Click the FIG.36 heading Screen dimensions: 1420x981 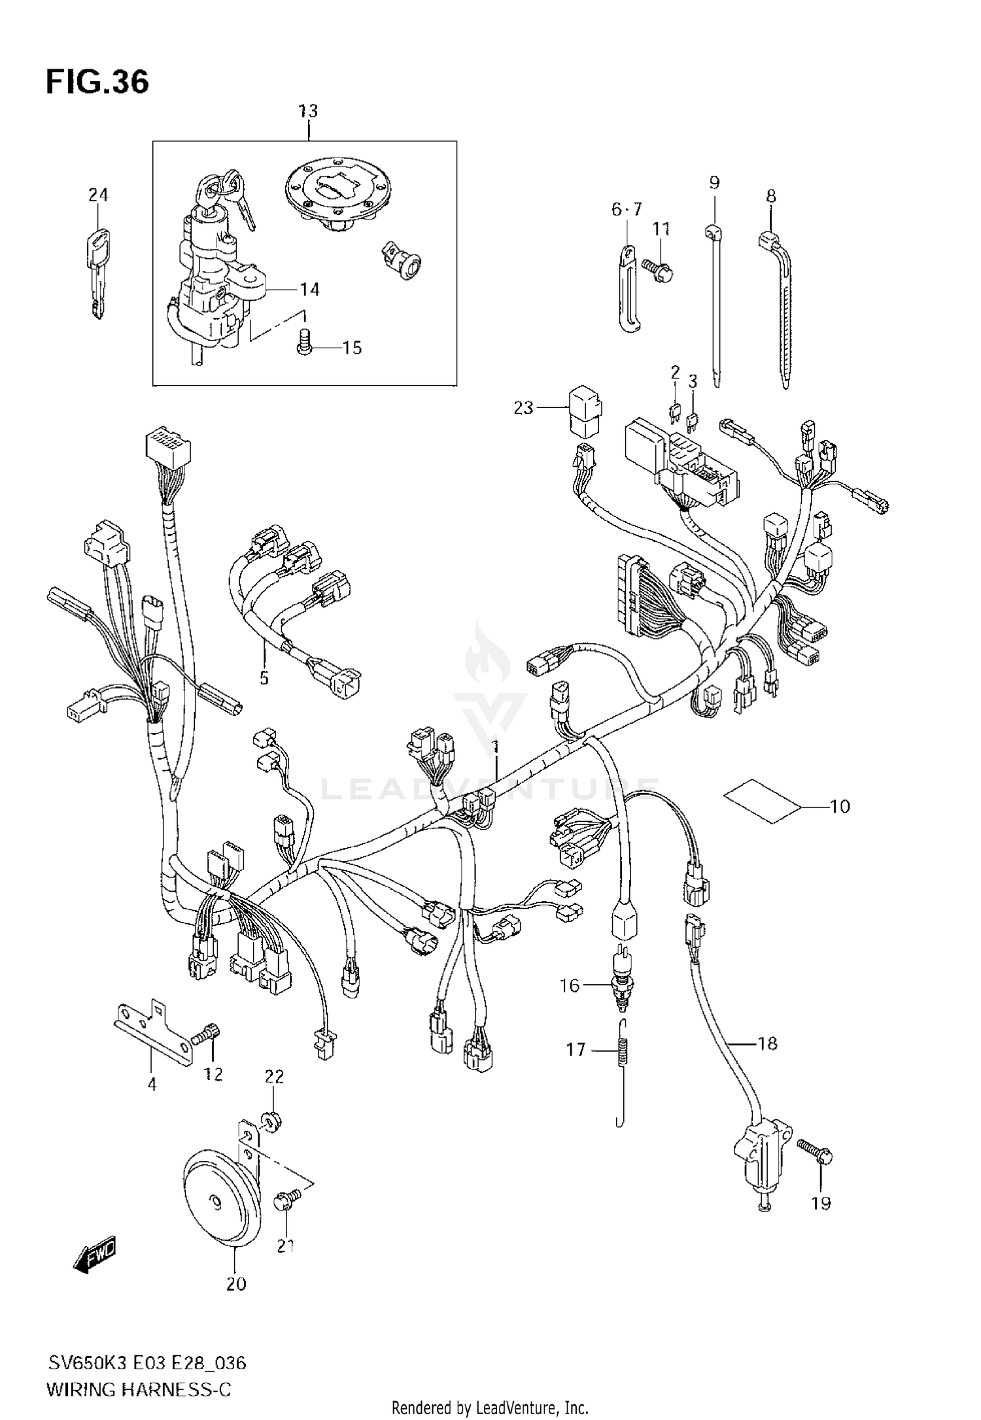[x=97, y=82]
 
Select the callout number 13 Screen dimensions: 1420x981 [x=308, y=111]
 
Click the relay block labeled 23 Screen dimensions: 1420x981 [x=585, y=411]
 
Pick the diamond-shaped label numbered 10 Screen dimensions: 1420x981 [x=762, y=800]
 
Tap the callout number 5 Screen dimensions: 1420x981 [x=264, y=678]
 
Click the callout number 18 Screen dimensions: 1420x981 [x=767, y=1043]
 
